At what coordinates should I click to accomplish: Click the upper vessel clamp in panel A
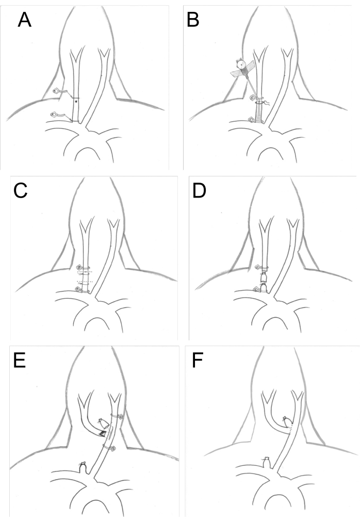point(57,92)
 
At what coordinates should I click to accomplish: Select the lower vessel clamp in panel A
point(55,115)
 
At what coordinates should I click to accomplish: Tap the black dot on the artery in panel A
point(76,102)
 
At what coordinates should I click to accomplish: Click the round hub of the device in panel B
point(241,64)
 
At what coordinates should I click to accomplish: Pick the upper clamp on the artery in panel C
point(80,268)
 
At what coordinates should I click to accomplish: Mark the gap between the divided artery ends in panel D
point(264,274)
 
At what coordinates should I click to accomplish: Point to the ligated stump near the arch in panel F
point(267,461)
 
